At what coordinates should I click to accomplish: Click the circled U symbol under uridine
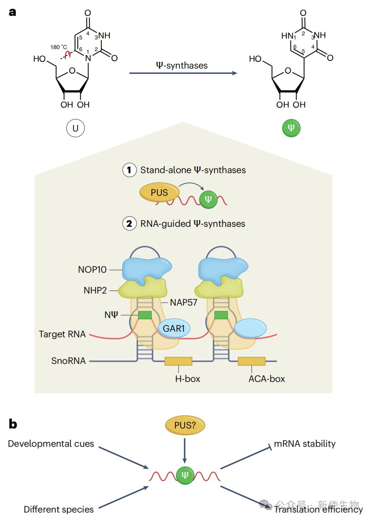coord(75,128)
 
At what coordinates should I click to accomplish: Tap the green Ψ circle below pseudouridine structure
coord(291,128)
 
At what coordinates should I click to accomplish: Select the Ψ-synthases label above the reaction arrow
coord(182,65)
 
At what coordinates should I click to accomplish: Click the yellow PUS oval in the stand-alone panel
coord(159,193)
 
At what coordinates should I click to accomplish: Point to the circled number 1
coord(129,170)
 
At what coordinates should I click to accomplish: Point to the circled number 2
coord(129,224)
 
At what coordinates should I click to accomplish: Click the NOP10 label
coord(92,269)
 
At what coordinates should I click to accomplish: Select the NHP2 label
coord(95,290)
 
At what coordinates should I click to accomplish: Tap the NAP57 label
coord(183,302)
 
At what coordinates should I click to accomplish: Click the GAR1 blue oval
coord(174,328)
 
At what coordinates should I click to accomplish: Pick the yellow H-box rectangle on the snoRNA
coord(178,361)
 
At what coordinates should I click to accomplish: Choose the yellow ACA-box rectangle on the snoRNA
coord(251,361)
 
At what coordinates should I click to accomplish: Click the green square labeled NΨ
coord(145,315)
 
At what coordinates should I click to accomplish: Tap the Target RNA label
coord(62,334)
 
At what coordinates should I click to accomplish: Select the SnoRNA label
coord(68,361)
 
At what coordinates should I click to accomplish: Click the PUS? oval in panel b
coord(185,425)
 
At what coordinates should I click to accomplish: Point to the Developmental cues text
coord(51,443)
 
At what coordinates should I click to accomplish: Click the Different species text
coord(59,509)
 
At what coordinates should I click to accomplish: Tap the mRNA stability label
coord(305,443)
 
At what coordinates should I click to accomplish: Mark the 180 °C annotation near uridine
coord(59,47)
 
